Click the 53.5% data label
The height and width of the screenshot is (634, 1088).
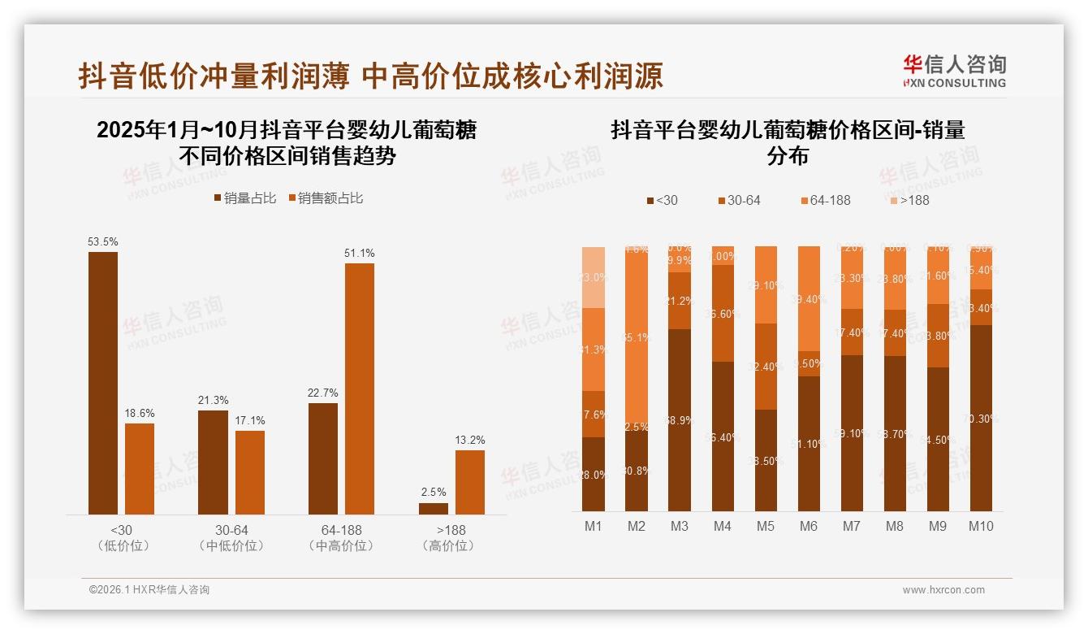tap(103, 241)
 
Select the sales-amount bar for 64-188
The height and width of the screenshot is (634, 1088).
tap(360, 389)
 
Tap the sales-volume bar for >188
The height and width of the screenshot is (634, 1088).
tap(434, 509)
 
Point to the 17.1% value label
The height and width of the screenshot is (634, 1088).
tap(250, 420)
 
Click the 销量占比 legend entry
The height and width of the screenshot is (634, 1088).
tap(245, 198)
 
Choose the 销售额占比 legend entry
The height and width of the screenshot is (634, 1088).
tap(326, 198)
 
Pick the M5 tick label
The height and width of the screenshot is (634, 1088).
tap(766, 526)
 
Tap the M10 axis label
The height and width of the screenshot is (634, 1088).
tap(981, 526)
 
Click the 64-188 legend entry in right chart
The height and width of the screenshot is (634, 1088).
tap(825, 200)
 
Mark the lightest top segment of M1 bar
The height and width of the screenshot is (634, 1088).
tap(594, 276)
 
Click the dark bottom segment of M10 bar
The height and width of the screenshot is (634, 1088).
tap(981, 418)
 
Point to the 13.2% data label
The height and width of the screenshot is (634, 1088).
tap(470, 440)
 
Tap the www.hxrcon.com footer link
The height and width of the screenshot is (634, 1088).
tap(943, 590)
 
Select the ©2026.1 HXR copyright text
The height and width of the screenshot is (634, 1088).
tap(149, 590)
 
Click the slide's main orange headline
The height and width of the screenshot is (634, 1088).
tap(371, 76)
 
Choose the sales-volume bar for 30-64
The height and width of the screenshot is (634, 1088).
tap(213, 462)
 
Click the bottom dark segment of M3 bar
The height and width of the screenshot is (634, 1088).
tap(680, 419)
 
